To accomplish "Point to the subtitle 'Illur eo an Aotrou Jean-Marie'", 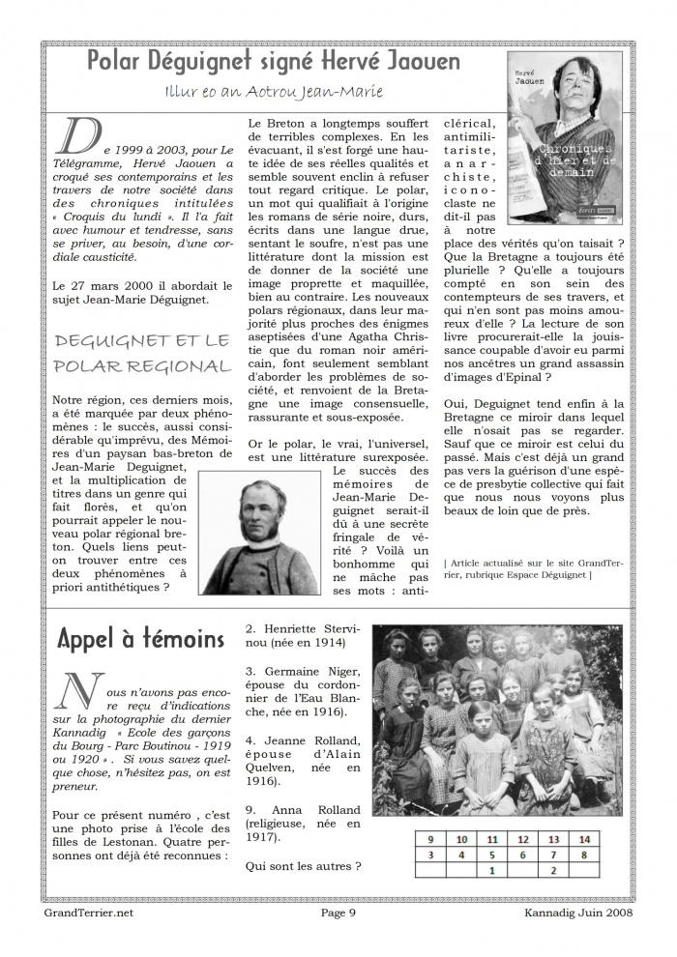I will pyautogui.click(x=275, y=92).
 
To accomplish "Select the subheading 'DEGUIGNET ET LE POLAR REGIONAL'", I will pyautogui.click(x=142, y=353).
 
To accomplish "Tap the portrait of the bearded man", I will pyautogui.click(x=260, y=536).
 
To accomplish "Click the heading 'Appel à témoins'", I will pyautogui.click(x=141, y=638).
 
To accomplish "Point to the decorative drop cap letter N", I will pyautogui.click(x=75, y=691).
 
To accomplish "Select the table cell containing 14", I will pyautogui.click(x=583, y=839).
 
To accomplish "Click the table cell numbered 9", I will pyautogui.click(x=430, y=839).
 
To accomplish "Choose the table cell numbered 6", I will pyautogui.click(x=522, y=855).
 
